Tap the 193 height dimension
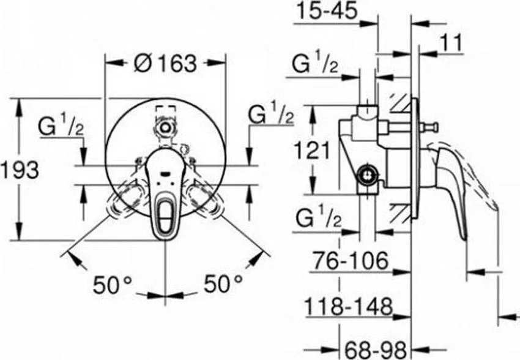coord(20,170)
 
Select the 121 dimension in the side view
coord(313,150)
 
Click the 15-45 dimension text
coord(327,10)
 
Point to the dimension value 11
coord(451,43)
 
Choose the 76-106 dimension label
coord(351,260)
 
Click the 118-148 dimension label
coord(349,307)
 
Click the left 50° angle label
coord(112,285)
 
